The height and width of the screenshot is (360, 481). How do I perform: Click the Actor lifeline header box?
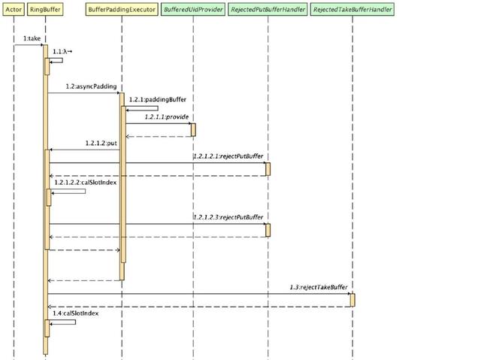[x=14, y=10]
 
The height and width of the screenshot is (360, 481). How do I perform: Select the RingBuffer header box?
[x=45, y=10]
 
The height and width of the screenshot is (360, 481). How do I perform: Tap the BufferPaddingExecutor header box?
[x=122, y=10]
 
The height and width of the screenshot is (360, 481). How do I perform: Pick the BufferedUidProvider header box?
[x=193, y=10]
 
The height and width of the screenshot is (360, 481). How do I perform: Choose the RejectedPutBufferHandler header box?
[x=268, y=10]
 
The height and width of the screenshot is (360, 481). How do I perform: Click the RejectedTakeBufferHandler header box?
[x=352, y=10]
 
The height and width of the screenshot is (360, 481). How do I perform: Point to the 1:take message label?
[x=32, y=38]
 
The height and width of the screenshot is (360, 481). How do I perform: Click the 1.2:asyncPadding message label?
[x=91, y=86]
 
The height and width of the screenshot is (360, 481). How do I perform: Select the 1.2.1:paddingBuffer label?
[x=158, y=99]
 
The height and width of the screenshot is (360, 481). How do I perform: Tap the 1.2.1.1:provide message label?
[x=167, y=116]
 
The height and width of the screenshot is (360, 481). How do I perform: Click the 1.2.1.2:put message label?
[x=101, y=143]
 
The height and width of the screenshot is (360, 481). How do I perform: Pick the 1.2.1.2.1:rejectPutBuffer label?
[x=228, y=156]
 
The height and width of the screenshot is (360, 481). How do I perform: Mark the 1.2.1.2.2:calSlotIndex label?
[x=86, y=183]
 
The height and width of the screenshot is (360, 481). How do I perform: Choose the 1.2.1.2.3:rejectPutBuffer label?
[x=228, y=217]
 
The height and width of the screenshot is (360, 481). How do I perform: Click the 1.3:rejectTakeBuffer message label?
[x=319, y=287]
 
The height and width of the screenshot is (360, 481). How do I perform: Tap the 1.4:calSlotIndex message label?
[x=75, y=313]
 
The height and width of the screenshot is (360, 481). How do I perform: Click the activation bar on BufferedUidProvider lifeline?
[x=193, y=130]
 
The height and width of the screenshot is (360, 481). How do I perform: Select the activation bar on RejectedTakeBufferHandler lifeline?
[x=352, y=300]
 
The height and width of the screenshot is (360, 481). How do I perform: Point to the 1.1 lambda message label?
[x=62, y=52]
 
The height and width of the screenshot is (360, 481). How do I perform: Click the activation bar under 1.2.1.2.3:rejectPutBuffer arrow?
[x=268, y=230]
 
